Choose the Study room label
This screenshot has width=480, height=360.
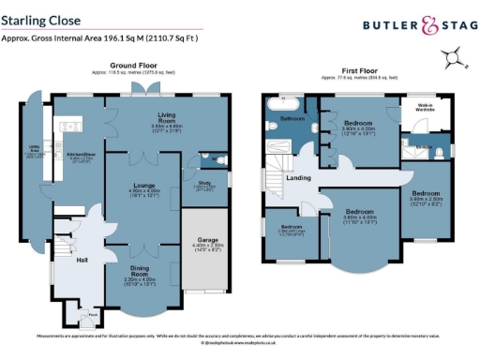coord(202,184)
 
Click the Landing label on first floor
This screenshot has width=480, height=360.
coord(299,177)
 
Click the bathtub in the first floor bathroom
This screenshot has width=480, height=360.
coord(281,103)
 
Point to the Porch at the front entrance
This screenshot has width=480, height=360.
coord(90,317)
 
